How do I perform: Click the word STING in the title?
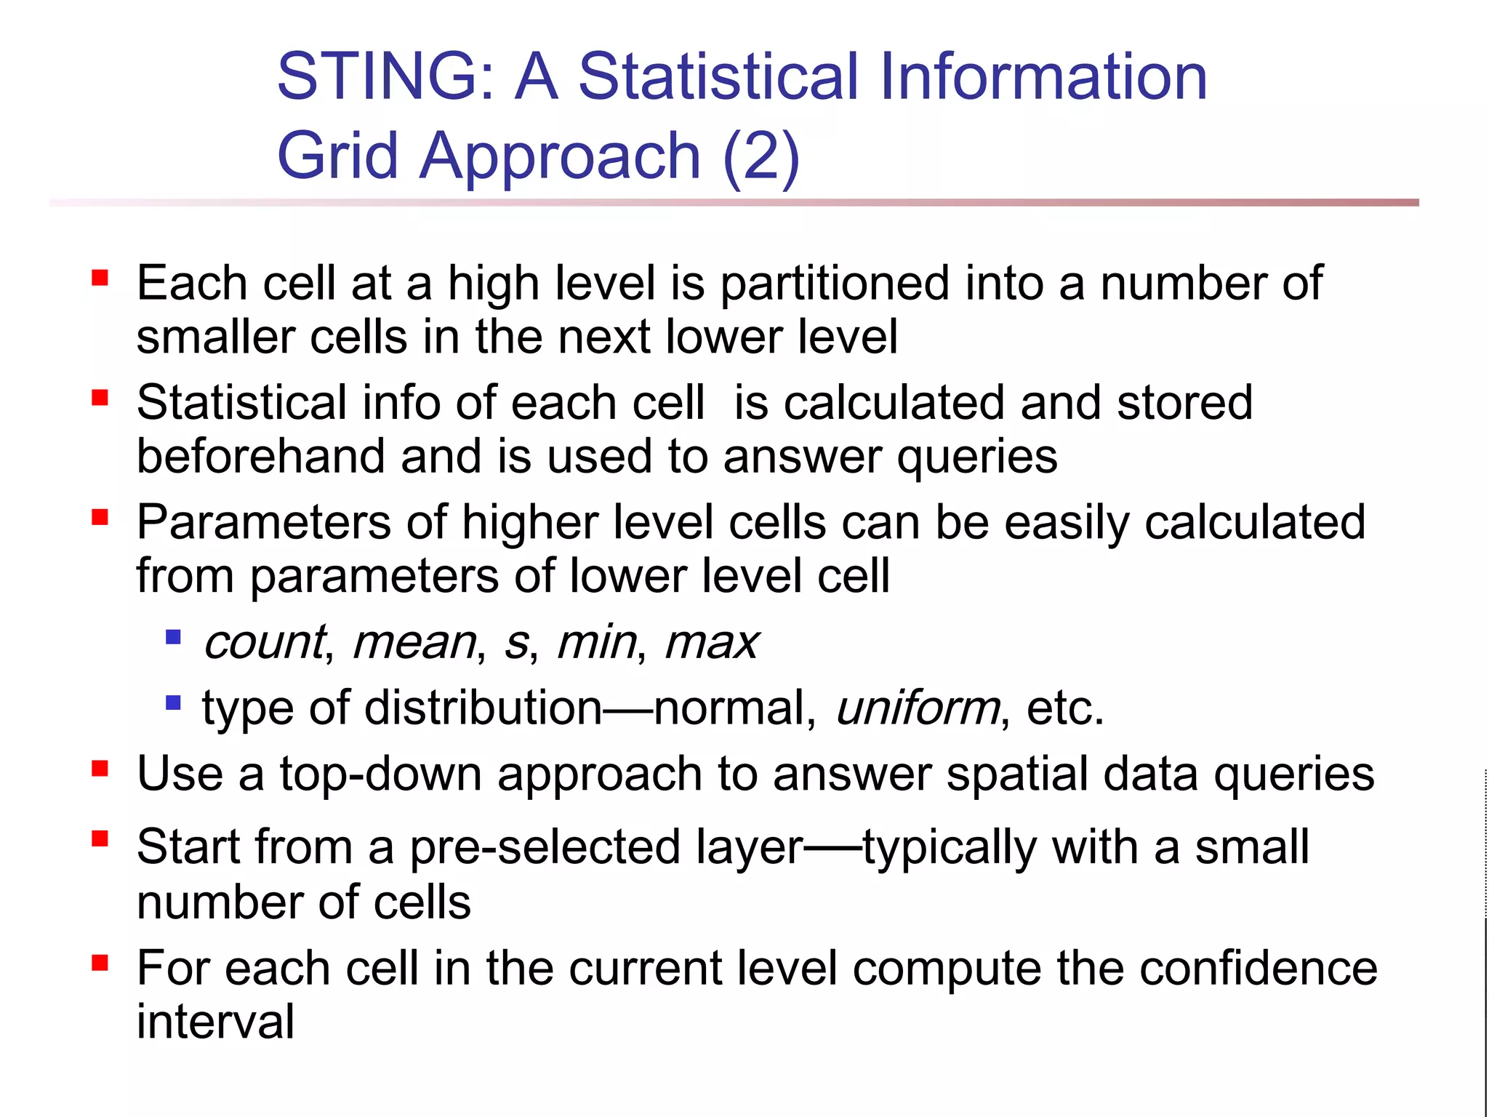tap(378, 77)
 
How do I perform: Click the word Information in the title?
tap(1043, 77)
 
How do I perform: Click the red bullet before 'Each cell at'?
tap(100, 278)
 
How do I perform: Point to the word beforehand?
tap(260, 457)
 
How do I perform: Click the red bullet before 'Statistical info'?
tap(100, 398)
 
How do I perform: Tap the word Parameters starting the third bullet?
tap(264, 523)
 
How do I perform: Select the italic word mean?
tap(414, 643)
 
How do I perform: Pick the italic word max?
tap(711, 643)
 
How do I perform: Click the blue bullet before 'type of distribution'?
tap(173, 703)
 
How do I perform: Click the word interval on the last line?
tap(215, 1022)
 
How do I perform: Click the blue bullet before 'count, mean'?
tap(173, 638)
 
